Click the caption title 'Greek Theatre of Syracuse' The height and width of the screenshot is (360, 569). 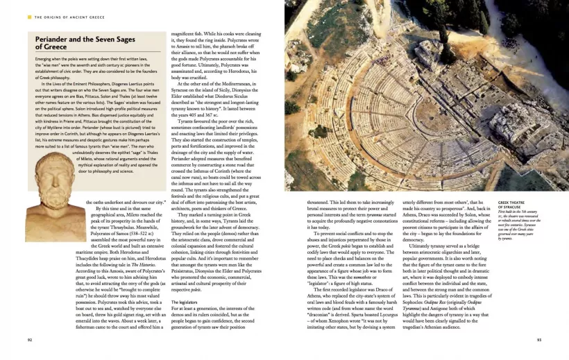tap(514, 204)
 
